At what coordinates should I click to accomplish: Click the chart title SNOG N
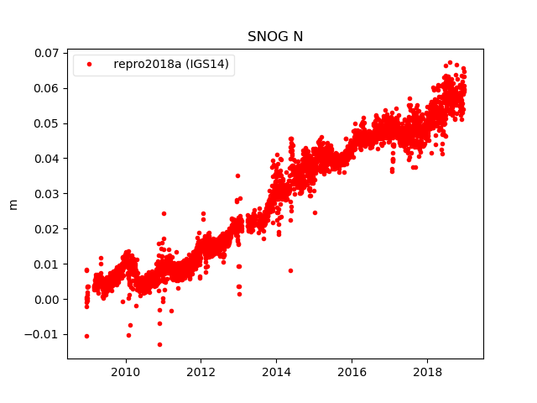point(275,37)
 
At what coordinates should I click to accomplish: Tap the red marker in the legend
point(91,65)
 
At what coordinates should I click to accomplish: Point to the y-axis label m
point(13,204)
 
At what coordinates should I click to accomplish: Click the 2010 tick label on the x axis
point(125,371)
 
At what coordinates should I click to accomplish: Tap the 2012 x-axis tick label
point(201,371)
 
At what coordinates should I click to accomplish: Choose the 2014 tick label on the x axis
point(276,371)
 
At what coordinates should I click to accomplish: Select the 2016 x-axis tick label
point(352,371)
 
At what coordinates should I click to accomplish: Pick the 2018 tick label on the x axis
point(427,371)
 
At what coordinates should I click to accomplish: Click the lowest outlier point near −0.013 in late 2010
point(159,344)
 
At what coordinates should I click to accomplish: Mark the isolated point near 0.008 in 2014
point(290,270)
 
